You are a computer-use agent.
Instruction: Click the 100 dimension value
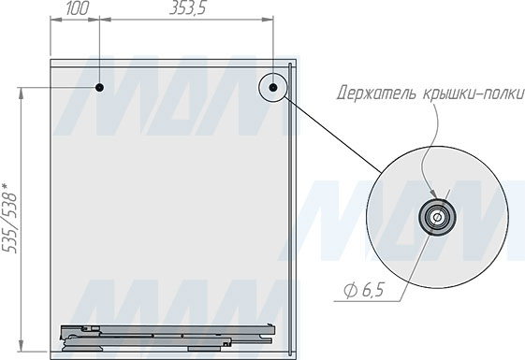77,8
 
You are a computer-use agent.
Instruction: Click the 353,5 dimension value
187,8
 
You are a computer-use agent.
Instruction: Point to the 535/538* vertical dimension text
9,218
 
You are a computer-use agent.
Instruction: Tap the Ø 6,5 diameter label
364,290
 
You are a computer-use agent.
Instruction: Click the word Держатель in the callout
377,93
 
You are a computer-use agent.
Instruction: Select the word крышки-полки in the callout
473,93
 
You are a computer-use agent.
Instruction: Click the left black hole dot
99,88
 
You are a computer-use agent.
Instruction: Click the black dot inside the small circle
273,88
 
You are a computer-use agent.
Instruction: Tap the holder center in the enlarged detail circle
437,218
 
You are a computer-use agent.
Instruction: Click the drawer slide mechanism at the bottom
168,338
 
